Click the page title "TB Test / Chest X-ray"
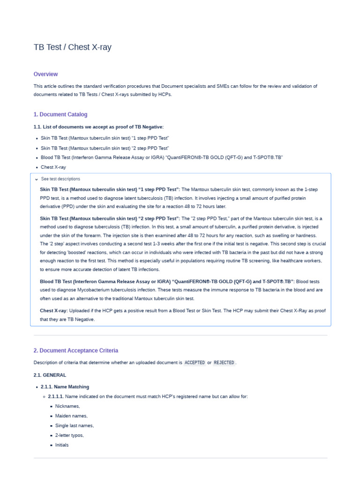click(73, 47)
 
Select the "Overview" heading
click(45, 74)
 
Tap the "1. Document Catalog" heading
click(60, 114)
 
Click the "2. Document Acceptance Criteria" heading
click(76, 351)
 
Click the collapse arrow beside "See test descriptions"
click(37, 179)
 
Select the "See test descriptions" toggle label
click(60, 179)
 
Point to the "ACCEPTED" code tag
click(195, 363)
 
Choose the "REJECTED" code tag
click(224, 363)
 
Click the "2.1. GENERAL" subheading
click(50, 375)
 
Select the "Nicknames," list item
click(67, 406)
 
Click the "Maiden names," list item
click(71, 416)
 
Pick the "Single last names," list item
click(75, 426)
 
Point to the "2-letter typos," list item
click(69, 435)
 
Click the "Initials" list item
click(62, 445)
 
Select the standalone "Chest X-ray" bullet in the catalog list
click(53, 167)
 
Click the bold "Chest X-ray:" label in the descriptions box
click(54, 311)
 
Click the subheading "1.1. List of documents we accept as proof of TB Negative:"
click(98, 127)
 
